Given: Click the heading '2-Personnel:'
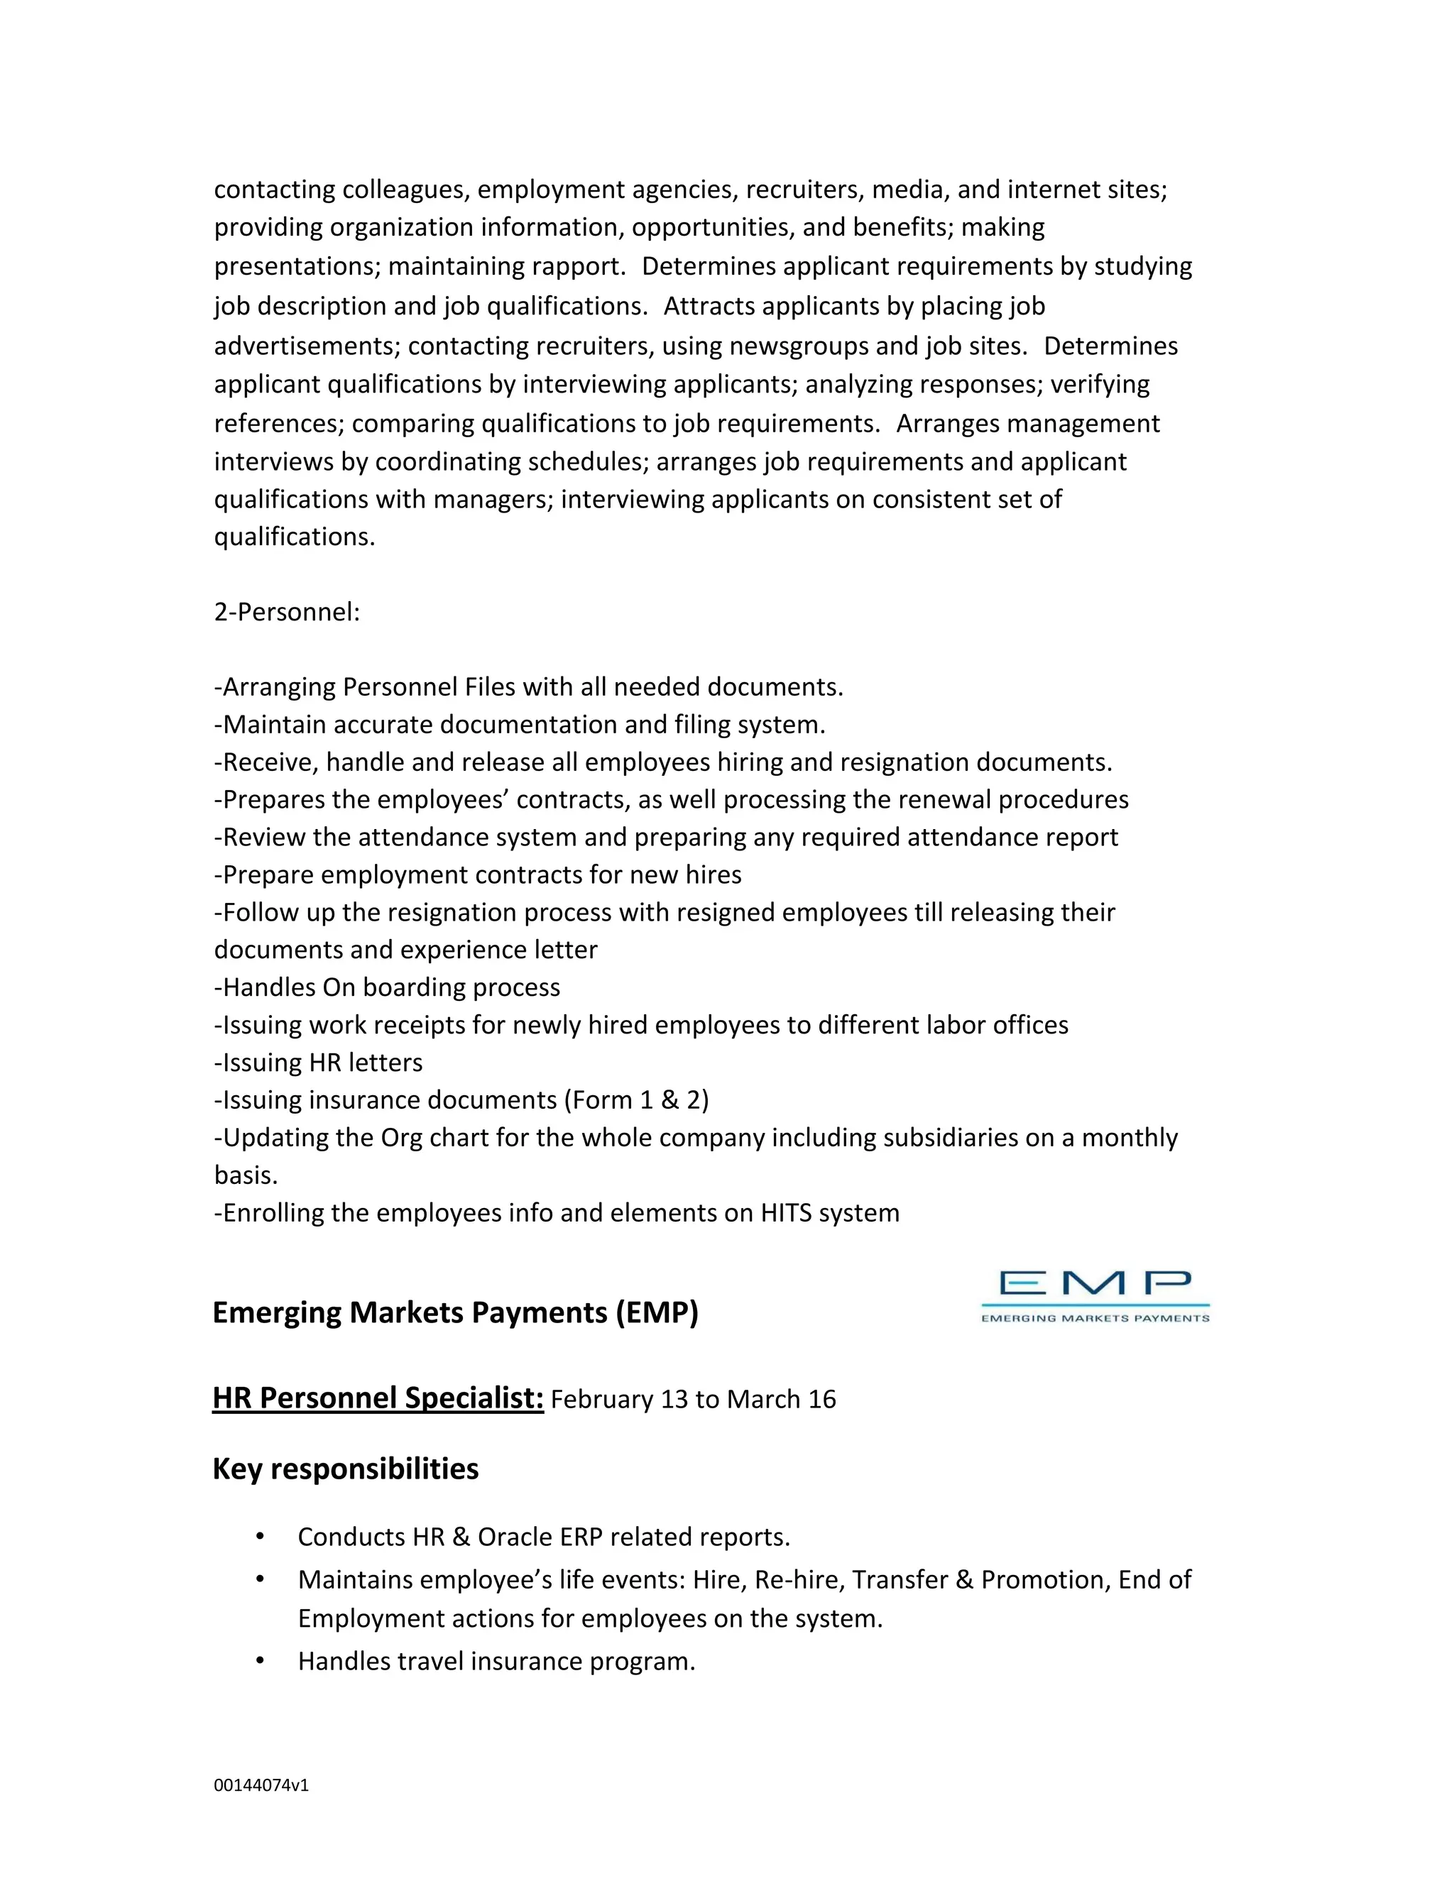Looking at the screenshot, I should pos(287,613).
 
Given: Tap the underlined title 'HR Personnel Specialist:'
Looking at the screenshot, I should pos(378,1398).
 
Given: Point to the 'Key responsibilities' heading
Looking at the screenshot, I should pos(346,1469).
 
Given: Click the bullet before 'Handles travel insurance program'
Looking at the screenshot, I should pos(260,1660).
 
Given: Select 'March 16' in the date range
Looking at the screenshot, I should pos(781,1400).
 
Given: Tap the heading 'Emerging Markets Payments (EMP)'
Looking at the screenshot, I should pos(455,1312).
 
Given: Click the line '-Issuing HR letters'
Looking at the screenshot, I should pos(319,1063).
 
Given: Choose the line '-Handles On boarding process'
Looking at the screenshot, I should pos(388,987).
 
